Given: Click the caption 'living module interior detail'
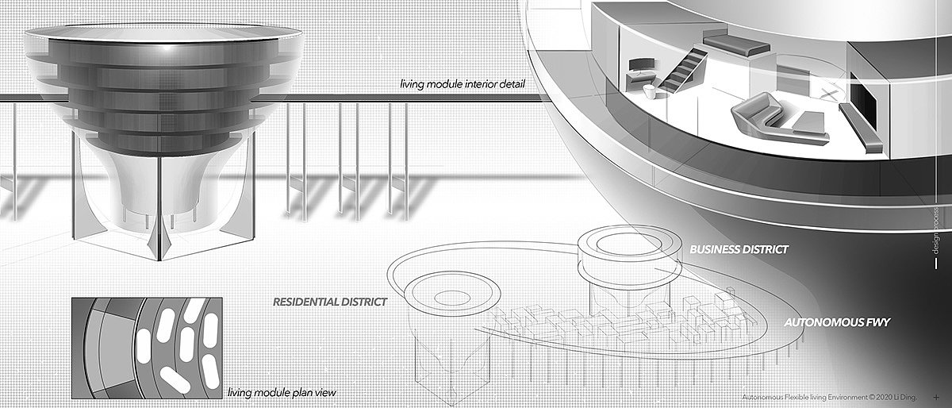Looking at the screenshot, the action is point(468,84).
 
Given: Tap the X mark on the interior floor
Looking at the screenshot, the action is point(829,94).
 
